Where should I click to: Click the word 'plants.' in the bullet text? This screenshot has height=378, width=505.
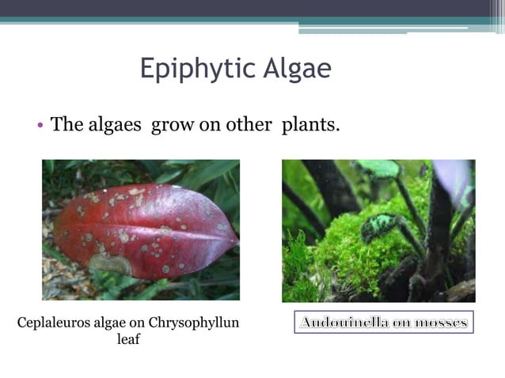(x=311, y=124)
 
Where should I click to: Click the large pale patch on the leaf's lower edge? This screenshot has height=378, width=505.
(x=112, y=263)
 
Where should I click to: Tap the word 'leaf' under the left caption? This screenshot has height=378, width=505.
(x=128, y=340)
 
